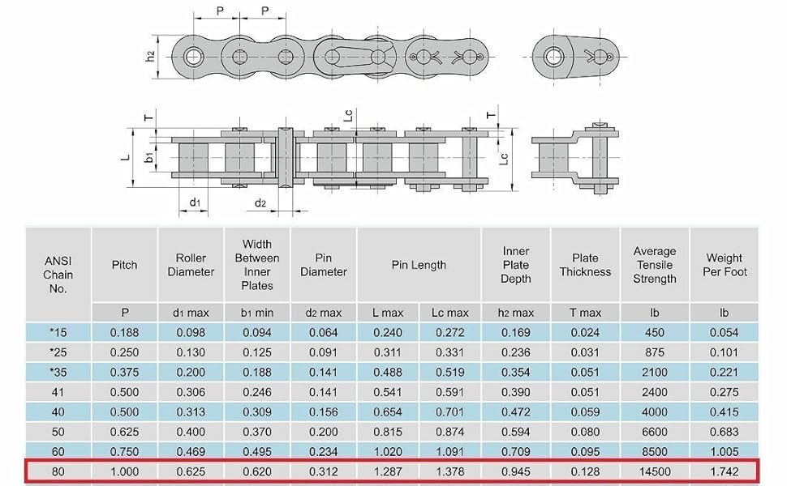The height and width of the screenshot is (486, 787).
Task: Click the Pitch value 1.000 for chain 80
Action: [x=124, y=471]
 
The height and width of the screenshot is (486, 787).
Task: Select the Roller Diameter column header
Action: [x=191, y=265]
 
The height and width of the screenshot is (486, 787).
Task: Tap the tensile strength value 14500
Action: [x=655, y=471]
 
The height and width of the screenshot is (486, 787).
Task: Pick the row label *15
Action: [x=58, y=332]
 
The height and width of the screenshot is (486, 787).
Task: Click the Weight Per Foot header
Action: [x=725, y=265]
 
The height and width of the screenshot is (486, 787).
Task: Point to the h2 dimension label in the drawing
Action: [x=150, y=57]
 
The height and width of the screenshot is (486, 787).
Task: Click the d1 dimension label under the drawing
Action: [x=195, y=202]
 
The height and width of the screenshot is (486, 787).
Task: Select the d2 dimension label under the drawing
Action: [x=260, y=203]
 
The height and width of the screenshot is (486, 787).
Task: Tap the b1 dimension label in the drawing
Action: [x=149, y=157]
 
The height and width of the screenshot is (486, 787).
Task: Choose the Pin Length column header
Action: [x=419, y=265]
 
